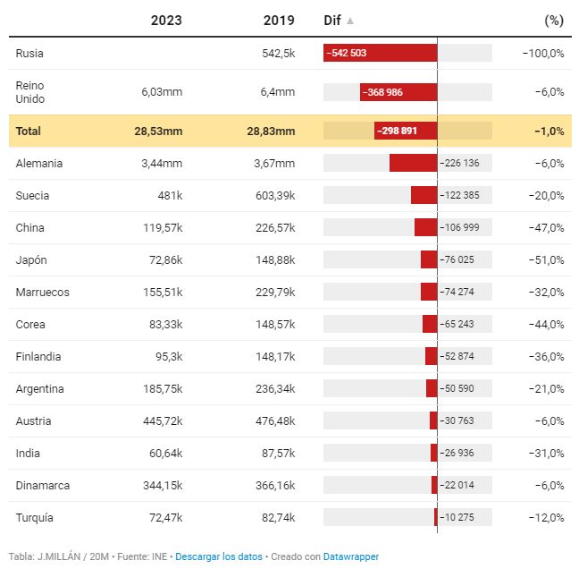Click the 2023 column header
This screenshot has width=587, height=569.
pos(166,20)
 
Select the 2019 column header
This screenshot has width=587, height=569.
pos(279,20)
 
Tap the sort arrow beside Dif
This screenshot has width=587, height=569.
pos(350,20)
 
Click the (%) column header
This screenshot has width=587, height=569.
pos(554,20)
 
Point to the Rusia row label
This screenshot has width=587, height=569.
pos(29,53)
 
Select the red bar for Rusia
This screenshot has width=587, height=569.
pos(381,53)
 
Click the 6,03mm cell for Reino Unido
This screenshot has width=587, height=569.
pos(162,91)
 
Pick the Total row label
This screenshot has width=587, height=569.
pos(29,131)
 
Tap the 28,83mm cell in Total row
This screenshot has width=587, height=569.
pos(271,131)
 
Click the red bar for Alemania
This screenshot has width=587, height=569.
pos(413,163)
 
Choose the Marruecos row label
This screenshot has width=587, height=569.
pos(42,292)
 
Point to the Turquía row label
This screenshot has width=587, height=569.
pos(35,517)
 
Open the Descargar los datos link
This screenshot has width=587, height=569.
pos(219,556)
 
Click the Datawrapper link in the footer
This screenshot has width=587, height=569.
pos(350,556)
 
